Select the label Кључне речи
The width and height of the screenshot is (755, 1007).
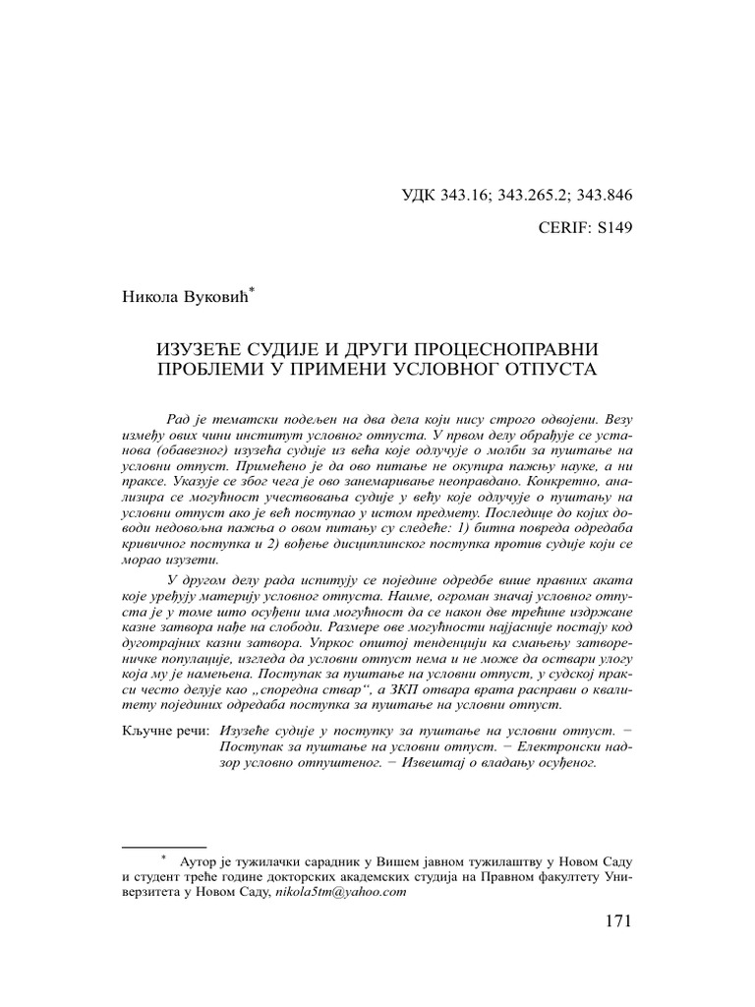click(166, 732)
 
